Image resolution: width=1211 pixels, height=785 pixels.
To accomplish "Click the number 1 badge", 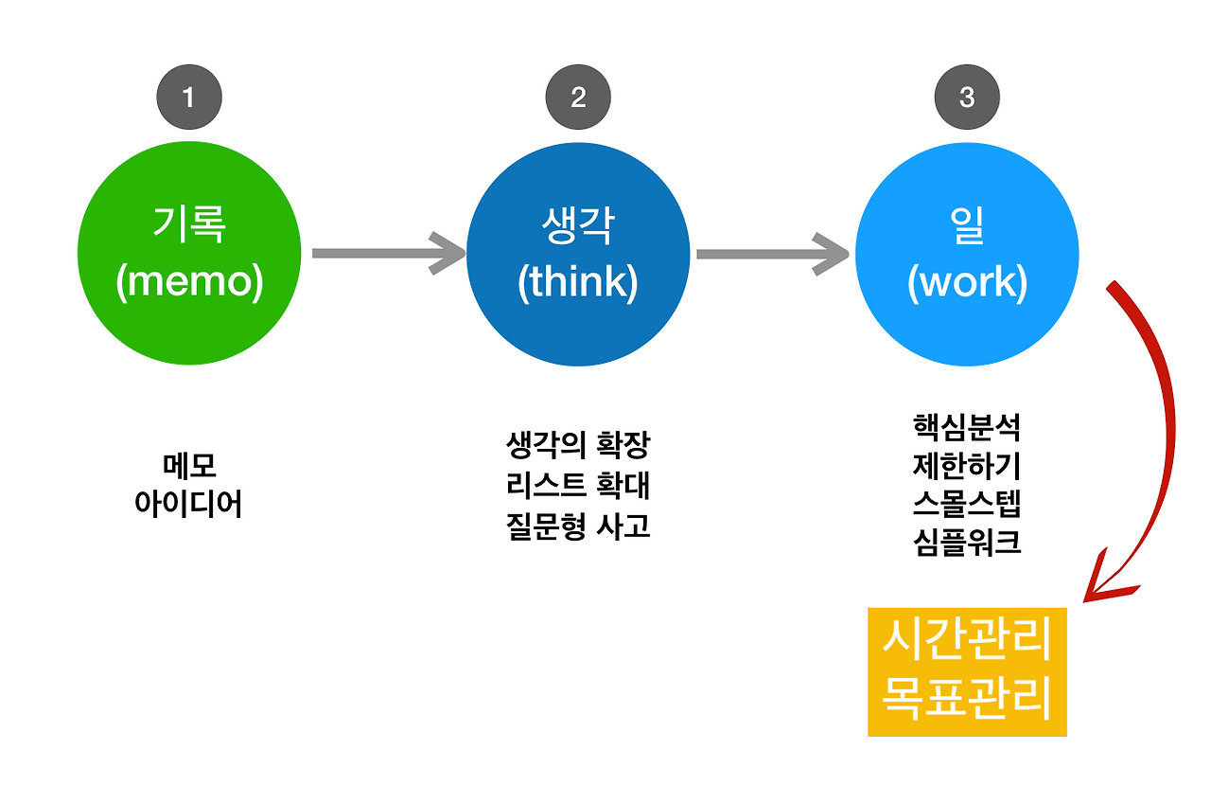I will (189, 97).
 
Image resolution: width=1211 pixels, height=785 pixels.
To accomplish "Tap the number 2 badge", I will (578, 97).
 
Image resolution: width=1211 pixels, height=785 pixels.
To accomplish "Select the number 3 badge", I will (967, 97).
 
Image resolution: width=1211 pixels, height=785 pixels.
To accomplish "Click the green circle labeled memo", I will (189, 254).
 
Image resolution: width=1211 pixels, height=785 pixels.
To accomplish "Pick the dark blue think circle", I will (578, 254).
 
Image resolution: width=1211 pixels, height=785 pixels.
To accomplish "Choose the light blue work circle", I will (967, 254).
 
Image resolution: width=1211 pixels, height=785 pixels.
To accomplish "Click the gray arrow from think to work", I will (772, 254).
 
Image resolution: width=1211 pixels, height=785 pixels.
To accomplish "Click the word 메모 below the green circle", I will (189, 466).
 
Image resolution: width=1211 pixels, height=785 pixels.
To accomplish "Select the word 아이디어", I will (189, 503).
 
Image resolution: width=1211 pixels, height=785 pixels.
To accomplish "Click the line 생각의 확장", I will (578, 444).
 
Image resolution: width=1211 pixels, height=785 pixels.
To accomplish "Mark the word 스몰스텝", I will (967, 504).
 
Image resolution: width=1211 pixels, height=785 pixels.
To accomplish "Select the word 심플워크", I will (967, 544).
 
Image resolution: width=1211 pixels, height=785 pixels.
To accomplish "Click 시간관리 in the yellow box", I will (967, 641).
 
